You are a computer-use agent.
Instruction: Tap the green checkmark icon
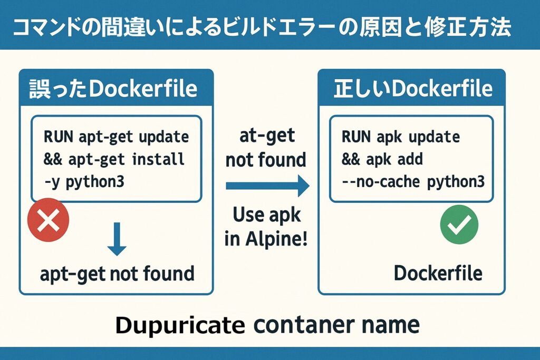point(459,225)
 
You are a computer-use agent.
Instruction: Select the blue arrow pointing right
point(267,186)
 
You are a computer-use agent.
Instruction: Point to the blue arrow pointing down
point(117,240)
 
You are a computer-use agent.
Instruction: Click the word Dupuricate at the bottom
point(179,325)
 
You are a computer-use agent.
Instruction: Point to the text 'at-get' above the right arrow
point(266,135)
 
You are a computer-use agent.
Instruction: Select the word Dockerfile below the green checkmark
point(438,273)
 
